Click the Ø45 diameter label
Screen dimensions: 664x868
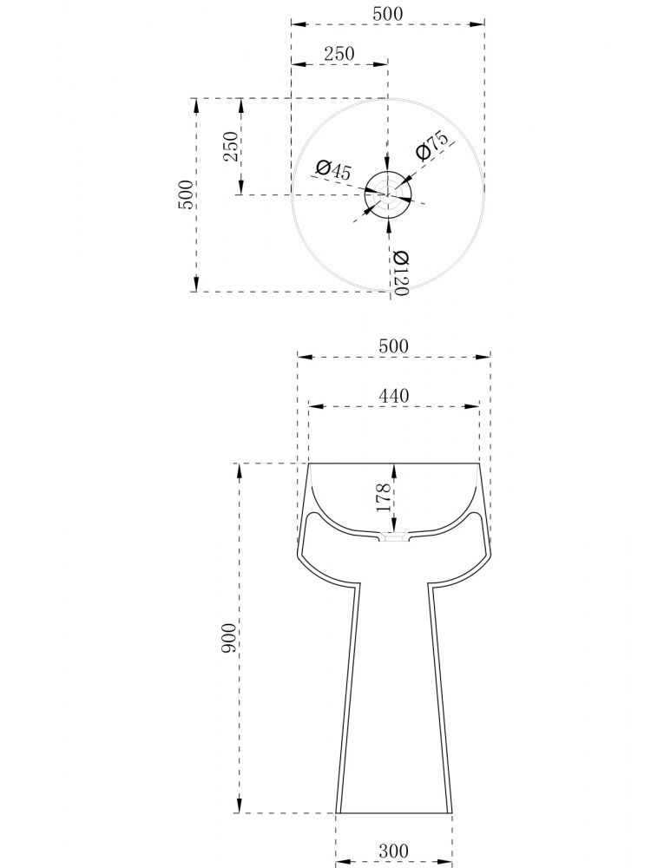coord(333,169)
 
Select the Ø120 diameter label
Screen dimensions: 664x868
coord(400,273)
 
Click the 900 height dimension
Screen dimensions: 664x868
coord(228,638)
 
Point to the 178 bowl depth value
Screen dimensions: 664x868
coord(384,497)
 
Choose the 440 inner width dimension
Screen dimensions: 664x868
coord(393,396)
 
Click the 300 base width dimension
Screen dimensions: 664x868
coord(393,851)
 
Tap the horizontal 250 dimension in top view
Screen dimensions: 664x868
coord(339,54)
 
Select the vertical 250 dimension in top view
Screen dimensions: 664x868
coord(231,146)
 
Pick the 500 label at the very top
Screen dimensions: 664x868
coord(388,14)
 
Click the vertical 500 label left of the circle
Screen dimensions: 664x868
coord(186,194)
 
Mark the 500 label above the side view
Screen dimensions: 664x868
coord(393,346)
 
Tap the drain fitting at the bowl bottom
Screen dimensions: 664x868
coord(394,536)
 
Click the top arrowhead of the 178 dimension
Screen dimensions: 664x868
coord(394,471)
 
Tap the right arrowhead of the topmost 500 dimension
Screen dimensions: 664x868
coord(477,24)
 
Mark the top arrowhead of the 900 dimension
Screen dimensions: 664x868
coord(239,471)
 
